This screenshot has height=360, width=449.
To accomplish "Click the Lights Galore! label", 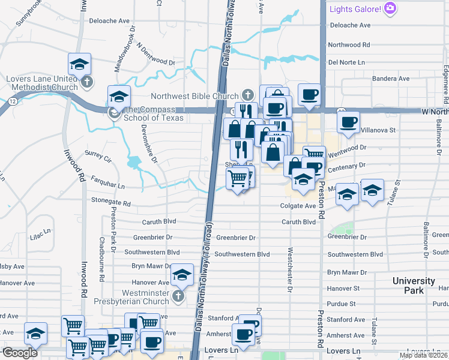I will tap(355, 9).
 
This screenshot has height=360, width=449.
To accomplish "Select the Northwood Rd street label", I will tap(349, 44).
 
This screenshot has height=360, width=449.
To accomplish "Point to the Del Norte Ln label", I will tap(346, 62).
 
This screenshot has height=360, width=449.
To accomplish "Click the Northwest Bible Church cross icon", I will tap(247, 95).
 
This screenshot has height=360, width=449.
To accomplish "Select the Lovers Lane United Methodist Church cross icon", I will tap(88, 82).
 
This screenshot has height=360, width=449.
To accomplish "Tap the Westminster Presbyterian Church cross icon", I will tap(178, 296).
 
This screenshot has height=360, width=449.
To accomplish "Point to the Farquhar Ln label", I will tap(108, 179).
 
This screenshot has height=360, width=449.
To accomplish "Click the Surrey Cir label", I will tap(99, 157).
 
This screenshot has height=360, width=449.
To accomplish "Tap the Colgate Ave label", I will tap(298, 206).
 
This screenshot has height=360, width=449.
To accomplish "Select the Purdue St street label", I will tap(342, 304).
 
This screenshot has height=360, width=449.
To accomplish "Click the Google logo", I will tap(20, 353).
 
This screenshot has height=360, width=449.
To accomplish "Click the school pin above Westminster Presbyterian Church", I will tap(182, 275).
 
